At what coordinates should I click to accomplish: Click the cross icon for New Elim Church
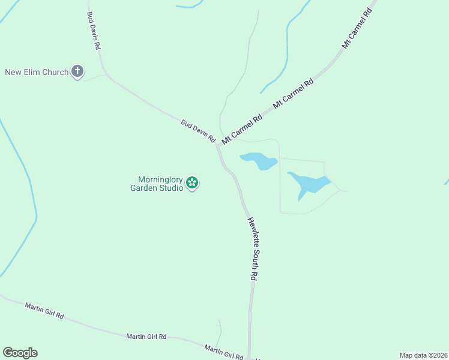click(x=77, y=72)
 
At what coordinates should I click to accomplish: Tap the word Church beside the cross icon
click(x=56, y=73)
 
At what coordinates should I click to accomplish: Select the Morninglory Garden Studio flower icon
click(x=192, y=182)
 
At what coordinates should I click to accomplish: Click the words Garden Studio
click(x=157, y=188)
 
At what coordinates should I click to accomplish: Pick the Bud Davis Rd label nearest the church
click(x=93, y=31)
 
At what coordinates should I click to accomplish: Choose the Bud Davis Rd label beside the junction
click(x=198, y=130)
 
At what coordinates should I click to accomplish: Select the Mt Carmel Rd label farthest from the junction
click(x=357, y=28)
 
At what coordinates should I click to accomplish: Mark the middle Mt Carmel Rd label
click(x=294, y=94)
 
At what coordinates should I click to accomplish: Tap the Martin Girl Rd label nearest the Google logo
click(x=44, y=310)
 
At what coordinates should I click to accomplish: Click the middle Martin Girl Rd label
click(x=146, y=337)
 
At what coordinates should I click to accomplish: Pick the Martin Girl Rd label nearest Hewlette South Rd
click(x=223, y=352)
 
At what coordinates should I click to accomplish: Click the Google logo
click(x=20, y=353)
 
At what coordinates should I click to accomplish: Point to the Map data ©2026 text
click(x=423, y=355)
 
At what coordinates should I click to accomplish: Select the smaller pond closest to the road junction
click(x=259, y=160)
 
